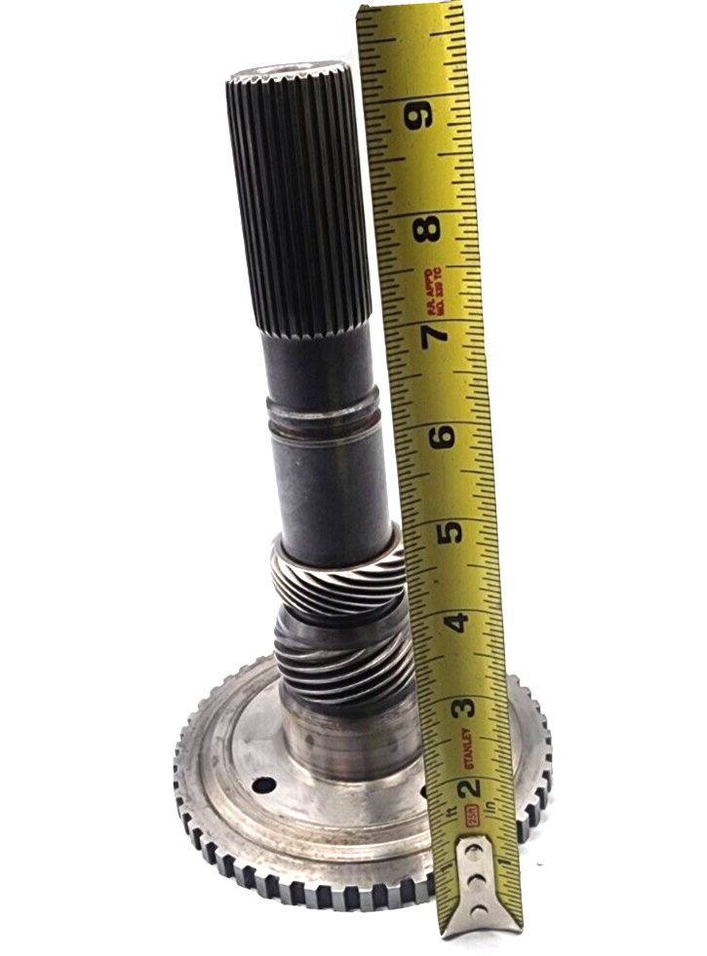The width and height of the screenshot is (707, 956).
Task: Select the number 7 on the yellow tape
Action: pyautogui.click(x=435, y=333)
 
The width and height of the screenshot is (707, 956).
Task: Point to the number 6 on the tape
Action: pyautogui.click(x=442, y=436)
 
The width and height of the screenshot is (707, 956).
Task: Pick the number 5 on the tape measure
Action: pyautogui.click(x=450, y=531)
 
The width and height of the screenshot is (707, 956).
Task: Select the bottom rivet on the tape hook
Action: pyautogui.click(x=479, y=912)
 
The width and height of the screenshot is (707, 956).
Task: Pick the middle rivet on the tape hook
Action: pyautogui.click(x=477, y=883)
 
